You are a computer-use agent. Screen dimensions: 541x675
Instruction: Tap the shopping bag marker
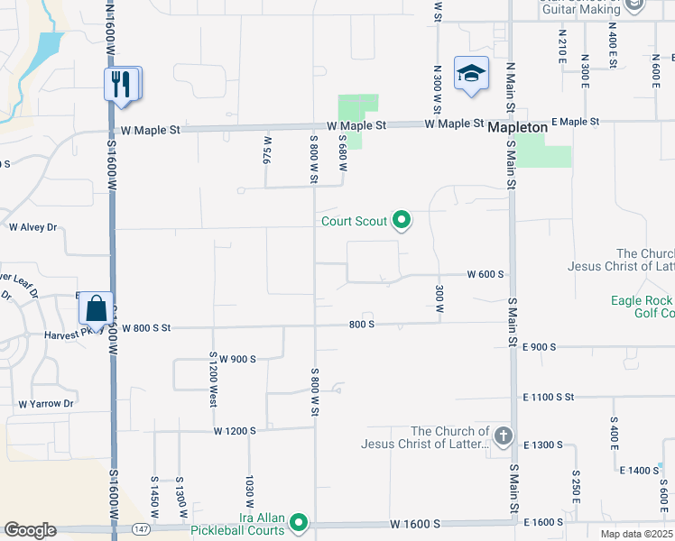click(x=95, y=309)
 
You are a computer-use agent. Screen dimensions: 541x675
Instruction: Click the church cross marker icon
click(x=504, y=436)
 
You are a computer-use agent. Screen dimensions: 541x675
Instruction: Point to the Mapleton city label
click(x=517, y=128)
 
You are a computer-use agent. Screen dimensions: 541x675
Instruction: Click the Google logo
click(x=30, y=530)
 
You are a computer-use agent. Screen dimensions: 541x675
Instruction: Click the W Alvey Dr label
click(x=32, y=227)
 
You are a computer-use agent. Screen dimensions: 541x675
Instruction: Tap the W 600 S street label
click(x=485, y=274)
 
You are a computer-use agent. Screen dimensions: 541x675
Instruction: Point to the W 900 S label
click(x=237, y=359)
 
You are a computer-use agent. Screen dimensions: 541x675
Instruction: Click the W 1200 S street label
click(x=236, y=431)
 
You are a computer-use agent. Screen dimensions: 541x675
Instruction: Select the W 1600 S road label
click(x=415, y=523)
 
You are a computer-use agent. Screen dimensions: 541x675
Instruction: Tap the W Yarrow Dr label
click(x=45, y=403)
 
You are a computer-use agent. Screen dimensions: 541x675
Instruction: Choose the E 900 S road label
click(x=539, y=346)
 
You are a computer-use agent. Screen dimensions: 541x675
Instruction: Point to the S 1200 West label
click(x=213, y=379)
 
